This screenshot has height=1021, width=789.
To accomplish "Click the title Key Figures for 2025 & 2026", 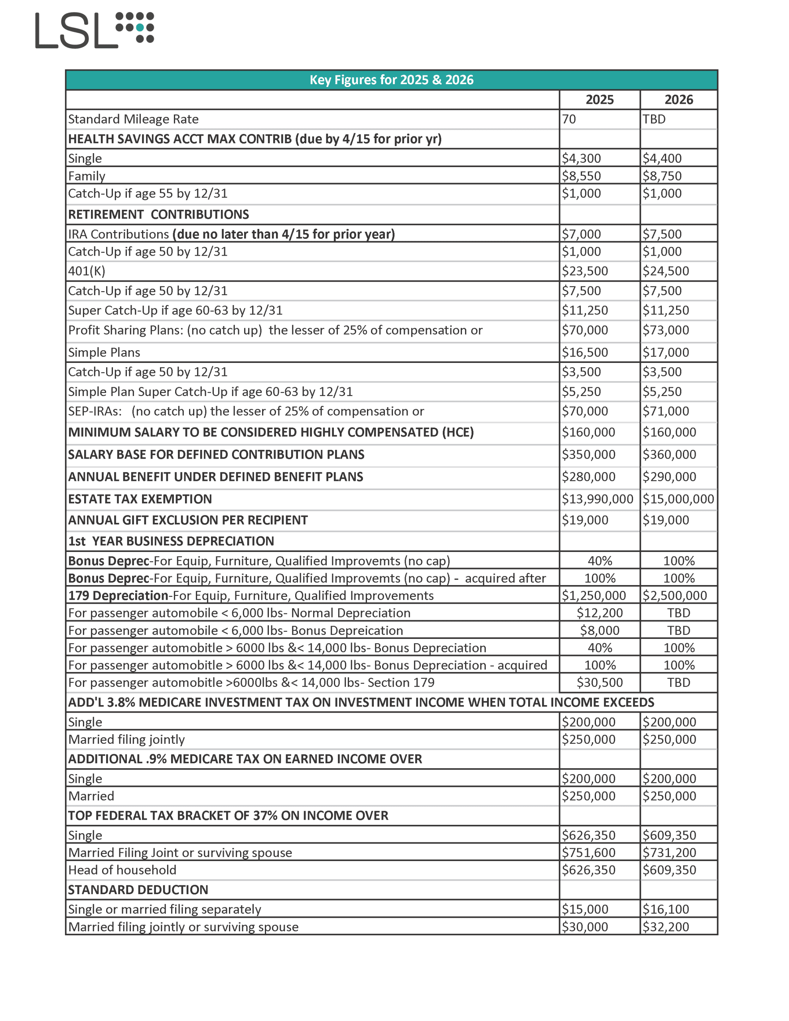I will (x=391, y=80).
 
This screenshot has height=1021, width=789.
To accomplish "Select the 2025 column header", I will (x=599, y=100).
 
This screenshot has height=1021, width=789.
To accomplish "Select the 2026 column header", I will (x=678, y=100).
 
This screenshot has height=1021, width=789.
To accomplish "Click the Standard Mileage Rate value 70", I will (x=569, y=119).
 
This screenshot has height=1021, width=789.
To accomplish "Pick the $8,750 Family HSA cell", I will (x=662, y=176).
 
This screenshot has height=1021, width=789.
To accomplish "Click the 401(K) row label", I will (x=87, y=271).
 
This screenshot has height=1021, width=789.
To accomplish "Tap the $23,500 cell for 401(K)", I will (x=585, y=271).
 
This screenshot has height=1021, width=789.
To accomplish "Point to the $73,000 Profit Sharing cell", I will (x=665, y=330).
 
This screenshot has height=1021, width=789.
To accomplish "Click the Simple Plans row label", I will (x=104, y=353).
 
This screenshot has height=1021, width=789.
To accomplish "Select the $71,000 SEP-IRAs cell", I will (x=665, y=412).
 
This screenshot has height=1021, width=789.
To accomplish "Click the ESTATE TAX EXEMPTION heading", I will (x=140, y=499).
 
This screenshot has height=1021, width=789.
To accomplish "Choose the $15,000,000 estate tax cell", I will (x=678, y=499).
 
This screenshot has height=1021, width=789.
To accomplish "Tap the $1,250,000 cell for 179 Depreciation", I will (x=594, y=595).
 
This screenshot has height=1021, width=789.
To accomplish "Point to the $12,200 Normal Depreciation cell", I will (x=599, y=613).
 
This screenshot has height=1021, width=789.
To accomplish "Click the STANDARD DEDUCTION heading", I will (x=138, y=890).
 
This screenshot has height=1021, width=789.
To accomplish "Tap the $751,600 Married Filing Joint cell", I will (x=588, y=853).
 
